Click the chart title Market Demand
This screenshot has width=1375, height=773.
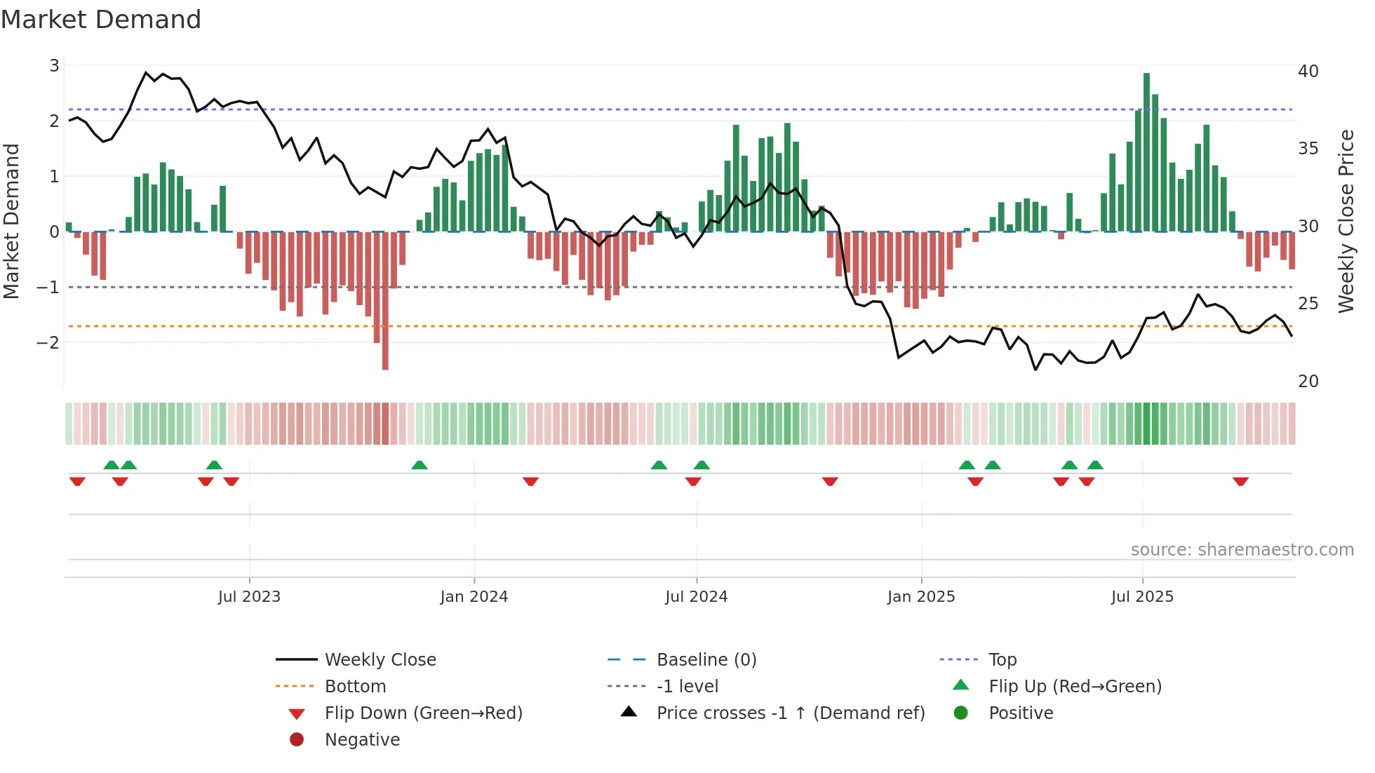coord(101,20)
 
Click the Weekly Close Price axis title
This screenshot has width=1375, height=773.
coord(1346,221)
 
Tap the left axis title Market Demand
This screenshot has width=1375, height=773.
coord(12,221)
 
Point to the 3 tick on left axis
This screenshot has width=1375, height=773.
coord(54,66)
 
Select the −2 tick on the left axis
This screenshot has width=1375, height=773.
coord(48,343)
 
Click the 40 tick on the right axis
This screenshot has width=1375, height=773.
coord(1308,72)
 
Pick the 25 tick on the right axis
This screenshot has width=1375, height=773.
coord(1308,304)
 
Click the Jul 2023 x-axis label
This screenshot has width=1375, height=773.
coord(249,597)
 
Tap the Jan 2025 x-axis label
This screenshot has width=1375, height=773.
coord(920,597)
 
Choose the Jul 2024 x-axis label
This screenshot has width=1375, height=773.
coord(696,597)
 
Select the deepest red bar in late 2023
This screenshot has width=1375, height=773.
coord(385,302)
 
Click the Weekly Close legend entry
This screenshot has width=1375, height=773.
coord(380,660)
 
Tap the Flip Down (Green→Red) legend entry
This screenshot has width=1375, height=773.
coord(423,713)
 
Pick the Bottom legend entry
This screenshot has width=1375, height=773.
coord(355,687)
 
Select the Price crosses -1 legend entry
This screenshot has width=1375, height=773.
coord(790,713)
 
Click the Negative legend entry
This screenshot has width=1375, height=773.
coord(362,740)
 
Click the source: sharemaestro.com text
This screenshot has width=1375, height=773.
coord(1242,550)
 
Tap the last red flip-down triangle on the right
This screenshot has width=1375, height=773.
coord(1240,481)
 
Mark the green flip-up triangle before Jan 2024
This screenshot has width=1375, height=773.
coord(420,465)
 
